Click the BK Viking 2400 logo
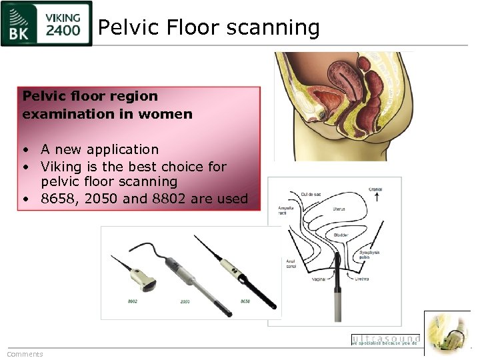(46, 24)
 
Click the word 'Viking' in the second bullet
(61, 167)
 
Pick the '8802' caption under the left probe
(133, 301)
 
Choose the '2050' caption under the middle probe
(185, 301)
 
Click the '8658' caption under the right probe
(245, 301)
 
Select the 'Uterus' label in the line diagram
(339, 209)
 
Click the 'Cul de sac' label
(311, 194)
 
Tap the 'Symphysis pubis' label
(369, 255)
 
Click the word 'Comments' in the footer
(25, 354)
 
